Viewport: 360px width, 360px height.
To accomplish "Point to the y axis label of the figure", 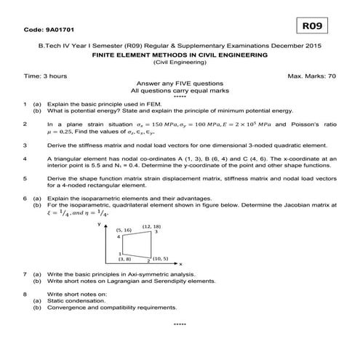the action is click(x=99, y=225).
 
